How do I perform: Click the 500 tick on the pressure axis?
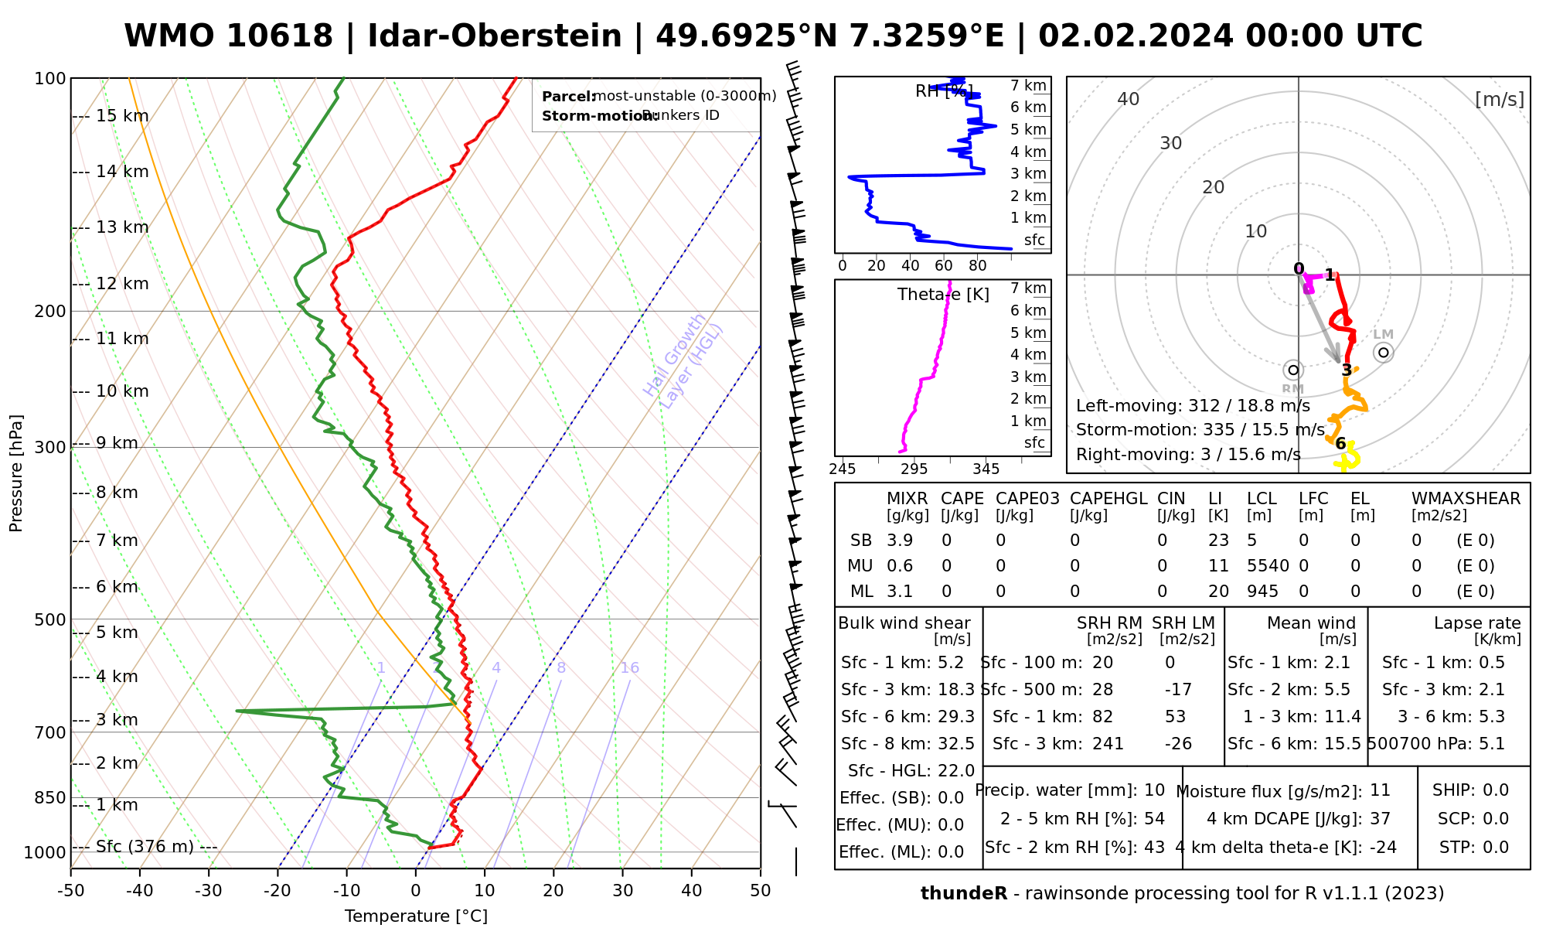pyautogui.click(x=51, y=619)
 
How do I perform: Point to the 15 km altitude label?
pyautogui.click(x=122, y=116)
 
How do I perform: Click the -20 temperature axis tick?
pyautogui.click(x=278, y=891)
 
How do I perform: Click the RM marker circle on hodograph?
pyautogui.click(x=1293, y=370)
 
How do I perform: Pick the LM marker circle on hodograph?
pyautogui.click(x=1384, y=353)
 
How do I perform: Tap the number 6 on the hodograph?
pyautogui.click(x=1341, y=444)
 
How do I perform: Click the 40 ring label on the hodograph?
pyautogui.click(x=1129, y=99)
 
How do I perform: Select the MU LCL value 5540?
pyautogui.click(x=1268, y=566)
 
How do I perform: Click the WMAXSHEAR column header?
pyautogui.click(x=1466, y=499)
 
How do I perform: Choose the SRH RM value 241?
pyautogui.click(x=1108, y=744)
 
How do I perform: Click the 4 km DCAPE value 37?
pyautogui.click(x=1380, y=819)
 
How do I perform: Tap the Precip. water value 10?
pyautogui.click(x=1154, y=790)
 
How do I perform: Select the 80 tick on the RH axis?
pyautogui.click(x=978, y=266)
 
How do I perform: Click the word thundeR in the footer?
pyautogui.click(x=964, y=894)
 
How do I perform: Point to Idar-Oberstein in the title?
pyautogui.click(x=495, y=36)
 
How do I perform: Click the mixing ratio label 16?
pyautogui.click(x=630, y=668)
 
